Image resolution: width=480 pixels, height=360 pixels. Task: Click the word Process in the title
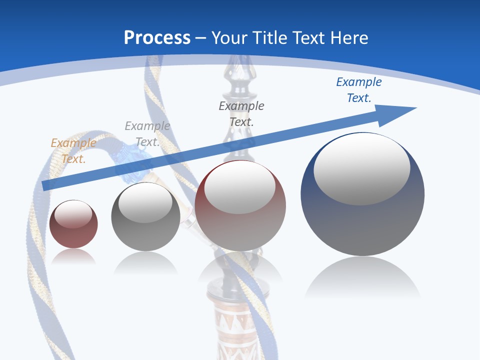tap(157, 38)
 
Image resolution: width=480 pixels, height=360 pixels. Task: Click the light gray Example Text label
tap(147, 134)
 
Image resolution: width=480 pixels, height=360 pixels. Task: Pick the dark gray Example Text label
tap(241, 113)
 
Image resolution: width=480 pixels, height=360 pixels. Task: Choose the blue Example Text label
tap(359, 90)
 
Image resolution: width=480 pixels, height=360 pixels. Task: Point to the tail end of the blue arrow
tap(46, 185)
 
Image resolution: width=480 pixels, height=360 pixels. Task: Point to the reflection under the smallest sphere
tap(73, 257)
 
